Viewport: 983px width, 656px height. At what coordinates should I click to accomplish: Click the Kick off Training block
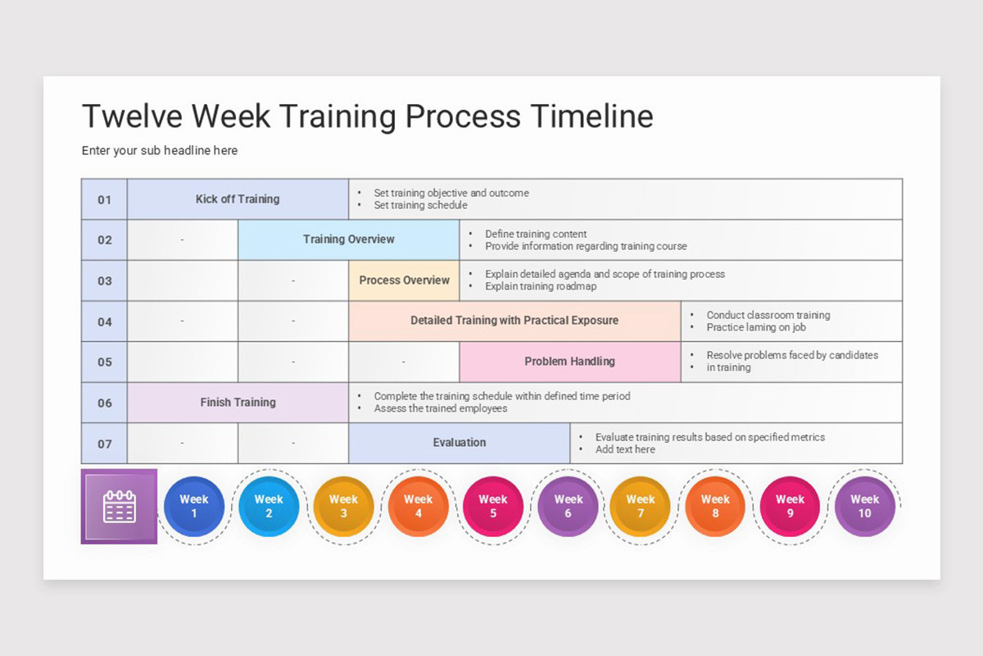tap(238, 199)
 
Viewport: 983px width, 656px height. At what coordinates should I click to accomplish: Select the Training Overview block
tap(348, 239)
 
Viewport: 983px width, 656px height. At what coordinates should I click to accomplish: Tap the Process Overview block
tap(404, 280)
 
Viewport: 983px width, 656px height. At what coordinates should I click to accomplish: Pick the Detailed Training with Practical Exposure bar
tap(514, 321)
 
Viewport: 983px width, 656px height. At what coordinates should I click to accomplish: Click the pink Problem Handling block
tap(569, 362)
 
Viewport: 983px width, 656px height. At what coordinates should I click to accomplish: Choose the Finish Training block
tap(238, 403)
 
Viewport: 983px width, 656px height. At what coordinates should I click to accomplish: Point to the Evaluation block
tap(459, 443)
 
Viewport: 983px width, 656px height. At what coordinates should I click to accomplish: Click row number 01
tap(104, 199)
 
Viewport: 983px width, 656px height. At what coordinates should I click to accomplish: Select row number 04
tap(104, 321)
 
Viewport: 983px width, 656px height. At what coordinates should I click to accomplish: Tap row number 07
tap(104, 444)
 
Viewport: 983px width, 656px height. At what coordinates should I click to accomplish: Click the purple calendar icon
tap(119, 507)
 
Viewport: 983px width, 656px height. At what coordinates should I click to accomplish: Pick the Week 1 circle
tap(194, 507)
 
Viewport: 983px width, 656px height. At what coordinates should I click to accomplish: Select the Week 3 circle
tap(343, 507)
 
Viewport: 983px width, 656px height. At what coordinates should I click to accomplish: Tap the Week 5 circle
tap(493, 507)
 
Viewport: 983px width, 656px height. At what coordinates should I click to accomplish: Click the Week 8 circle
tap(715, 507)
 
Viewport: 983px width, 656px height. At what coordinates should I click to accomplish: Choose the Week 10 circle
tap(864, 507)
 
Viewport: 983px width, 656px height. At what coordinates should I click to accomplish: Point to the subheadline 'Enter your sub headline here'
tap(160, 151)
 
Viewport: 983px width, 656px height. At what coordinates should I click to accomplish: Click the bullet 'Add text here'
tap(625, 449)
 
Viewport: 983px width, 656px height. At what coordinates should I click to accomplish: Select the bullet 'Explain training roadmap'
tap(541, 287)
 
